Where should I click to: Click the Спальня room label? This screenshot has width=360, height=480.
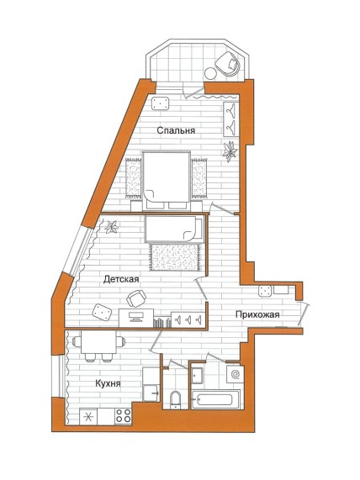pyautogui.click(x=176, y=130)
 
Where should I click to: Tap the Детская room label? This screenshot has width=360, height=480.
pyautogui.click(x=121, y=279)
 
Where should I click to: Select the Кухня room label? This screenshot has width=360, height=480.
pyautogui.click(x=108, y=383)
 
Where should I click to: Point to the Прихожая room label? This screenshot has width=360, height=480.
pyautogui.click(x=257, y=314)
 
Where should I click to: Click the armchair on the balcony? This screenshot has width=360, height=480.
pyautogui.click(x=228, y=64)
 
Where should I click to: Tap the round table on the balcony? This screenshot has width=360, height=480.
pyautogui.click(x=211, y=73)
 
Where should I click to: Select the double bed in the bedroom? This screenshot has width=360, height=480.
pyautogui.click(x=167, y=181)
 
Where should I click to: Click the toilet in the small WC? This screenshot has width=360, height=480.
pyautogui.click(x=175, y=399)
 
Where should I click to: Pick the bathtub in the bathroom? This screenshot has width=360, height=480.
pyautogui.click(x=215, y=399)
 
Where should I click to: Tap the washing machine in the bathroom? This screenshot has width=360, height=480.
pyautogui.click(x=235, y=374)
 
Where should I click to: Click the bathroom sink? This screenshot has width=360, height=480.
pyautogui.click(x=197, y=375)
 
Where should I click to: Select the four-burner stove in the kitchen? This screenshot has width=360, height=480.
pyautogui.click(x=123, y=416)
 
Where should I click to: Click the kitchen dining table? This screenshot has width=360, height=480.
pyautogui.click(x=98, y=342)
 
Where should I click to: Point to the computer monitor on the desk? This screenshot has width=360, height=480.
pyautogui.click(x=136, y=316)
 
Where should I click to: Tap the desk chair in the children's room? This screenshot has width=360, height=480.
pyautogui.click(x=136, y=298)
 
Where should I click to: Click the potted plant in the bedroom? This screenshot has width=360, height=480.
pyautogui.click(x=230, y=151)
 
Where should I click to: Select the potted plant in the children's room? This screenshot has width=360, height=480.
pyautogui.click(x=112, y=227)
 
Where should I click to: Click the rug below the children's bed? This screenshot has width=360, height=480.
pyautogui.click(x=175, y=257)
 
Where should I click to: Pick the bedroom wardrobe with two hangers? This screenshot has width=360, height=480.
pyautogui.click(x=231, y=119)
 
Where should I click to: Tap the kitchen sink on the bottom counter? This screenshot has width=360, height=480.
pyautogui.click(x=88, y=417)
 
